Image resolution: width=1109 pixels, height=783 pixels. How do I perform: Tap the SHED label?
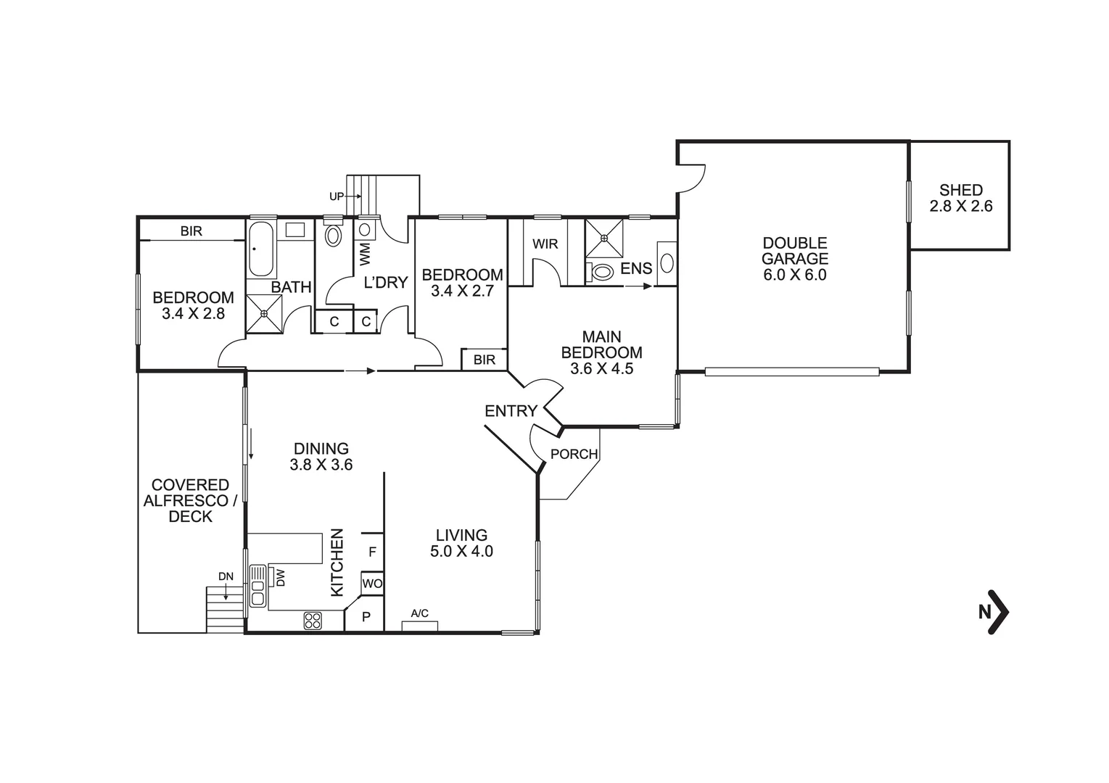tap(960, 190)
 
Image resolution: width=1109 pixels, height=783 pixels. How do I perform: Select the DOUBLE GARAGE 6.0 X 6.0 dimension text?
tap(794, 275)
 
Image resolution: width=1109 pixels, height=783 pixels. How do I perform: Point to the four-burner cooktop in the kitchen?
tap(313, 621)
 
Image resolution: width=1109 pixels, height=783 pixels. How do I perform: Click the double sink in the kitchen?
tap(257, 586)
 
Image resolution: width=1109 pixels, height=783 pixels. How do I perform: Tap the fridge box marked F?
tap(372, 552)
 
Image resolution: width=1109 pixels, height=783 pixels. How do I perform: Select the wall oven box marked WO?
tap(372, 584)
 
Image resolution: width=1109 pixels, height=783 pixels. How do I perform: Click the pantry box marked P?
tap(366, 617)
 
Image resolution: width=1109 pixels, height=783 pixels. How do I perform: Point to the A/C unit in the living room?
tap(420, 625)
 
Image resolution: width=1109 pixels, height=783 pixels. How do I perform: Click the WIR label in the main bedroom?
tap(545, 244)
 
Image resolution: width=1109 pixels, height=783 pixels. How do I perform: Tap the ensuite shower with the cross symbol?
tap(603, 237)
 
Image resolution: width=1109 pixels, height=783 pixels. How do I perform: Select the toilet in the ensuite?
tap(601, 272)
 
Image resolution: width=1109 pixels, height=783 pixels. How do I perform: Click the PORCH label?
tap(574, 455)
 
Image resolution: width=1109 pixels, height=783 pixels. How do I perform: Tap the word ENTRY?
tap(511, 411)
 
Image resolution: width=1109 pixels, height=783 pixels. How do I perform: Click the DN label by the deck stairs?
tap(226, 576)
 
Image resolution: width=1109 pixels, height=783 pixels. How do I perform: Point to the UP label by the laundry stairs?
tap(337, 196)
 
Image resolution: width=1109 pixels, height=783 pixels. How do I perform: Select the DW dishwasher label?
tap(280, 577)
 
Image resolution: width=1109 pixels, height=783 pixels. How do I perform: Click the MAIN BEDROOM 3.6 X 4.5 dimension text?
tap(601, 368)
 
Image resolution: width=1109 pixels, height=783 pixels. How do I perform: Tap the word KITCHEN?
tap(337, 563)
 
